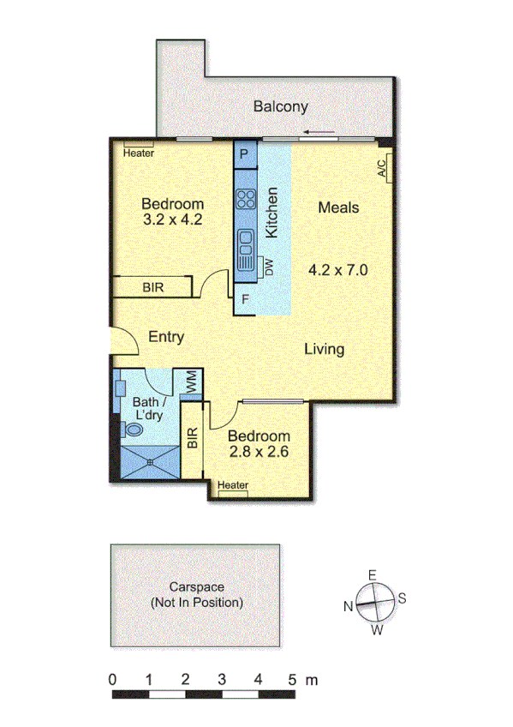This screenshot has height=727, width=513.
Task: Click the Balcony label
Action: click(280, 107)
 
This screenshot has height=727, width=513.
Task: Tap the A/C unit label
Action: click(383, 165)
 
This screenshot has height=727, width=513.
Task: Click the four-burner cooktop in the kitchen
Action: click(246, 200)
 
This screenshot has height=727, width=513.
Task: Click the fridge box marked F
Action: click(246, 300)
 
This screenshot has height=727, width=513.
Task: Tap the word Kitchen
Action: click(272, 213)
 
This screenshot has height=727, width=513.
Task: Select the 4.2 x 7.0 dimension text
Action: click(337, 270)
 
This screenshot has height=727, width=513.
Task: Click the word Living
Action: click(325, 349)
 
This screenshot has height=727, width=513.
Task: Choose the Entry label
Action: click(166, 337)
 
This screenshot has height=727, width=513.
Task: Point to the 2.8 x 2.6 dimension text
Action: click(258, 453)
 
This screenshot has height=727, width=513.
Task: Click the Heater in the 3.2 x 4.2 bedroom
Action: click(138, 153)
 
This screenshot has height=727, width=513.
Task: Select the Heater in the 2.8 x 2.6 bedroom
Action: click(232, 486)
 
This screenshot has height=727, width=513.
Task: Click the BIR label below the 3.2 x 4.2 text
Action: click(153, 287)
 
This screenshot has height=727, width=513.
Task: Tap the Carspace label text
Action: click(196, 587)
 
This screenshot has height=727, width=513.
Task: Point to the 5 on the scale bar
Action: click(294, 680)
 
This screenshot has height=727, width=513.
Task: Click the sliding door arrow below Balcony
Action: click(319, 132)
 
